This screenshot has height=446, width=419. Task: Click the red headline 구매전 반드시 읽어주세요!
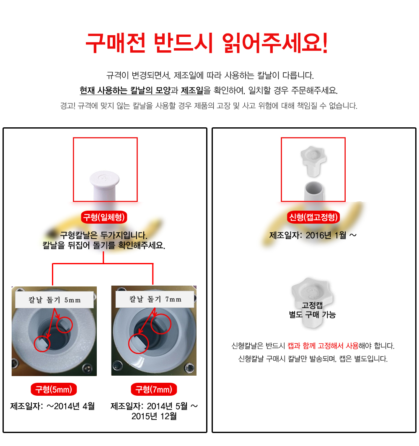coord(207,43)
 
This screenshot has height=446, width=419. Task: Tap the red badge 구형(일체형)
coord(104,217)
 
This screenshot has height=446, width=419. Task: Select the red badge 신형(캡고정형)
coord(313,217)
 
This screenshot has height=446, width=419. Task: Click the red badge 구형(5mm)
coord(54,389)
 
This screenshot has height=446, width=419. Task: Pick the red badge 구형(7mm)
coord(154,389)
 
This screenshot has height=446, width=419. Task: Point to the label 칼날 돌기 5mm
coord(54,300)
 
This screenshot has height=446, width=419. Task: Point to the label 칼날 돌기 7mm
coord(155,299)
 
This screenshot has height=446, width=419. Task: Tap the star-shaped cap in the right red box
coord(313,160)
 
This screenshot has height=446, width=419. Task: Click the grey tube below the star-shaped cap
coord(314,191)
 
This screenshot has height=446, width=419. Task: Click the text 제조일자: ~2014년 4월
coord(52,406)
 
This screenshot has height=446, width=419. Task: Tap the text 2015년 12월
coord(154,416)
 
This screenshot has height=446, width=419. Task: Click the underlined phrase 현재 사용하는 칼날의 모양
coord(125,90)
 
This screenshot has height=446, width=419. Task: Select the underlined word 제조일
coord(192,90)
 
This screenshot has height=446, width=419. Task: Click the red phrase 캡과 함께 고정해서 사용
coord(323,345)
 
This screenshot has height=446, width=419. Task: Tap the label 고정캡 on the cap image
coord(312,305)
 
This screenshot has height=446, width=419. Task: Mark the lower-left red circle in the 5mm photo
coord(42,343)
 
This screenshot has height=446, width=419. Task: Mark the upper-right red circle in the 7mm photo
coord(161,324)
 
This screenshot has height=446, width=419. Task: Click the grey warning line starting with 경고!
coord(209,106)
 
